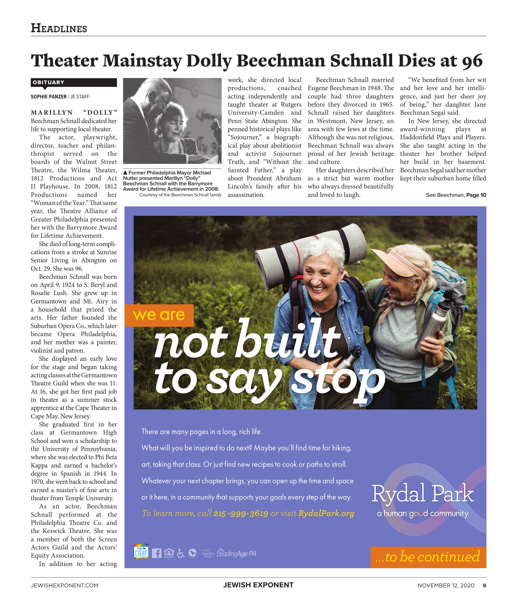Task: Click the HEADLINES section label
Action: pos(59,28)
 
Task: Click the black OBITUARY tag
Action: pos(74,82)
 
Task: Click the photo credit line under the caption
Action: pos(180,195)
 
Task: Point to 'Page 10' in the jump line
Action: pos(476,195)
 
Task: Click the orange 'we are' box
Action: pos(159,315)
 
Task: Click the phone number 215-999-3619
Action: pos(241,514)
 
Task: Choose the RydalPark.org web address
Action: pos(326,514)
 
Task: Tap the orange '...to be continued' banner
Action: pos(428,557)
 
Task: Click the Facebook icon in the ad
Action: pos(157,553)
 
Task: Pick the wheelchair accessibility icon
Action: pos(181,553)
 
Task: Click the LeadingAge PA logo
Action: pos(236,554)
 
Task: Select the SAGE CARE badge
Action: pos(141,552)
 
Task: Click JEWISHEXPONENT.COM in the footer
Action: pos(65,586)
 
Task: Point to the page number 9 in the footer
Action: pos(485,586)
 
